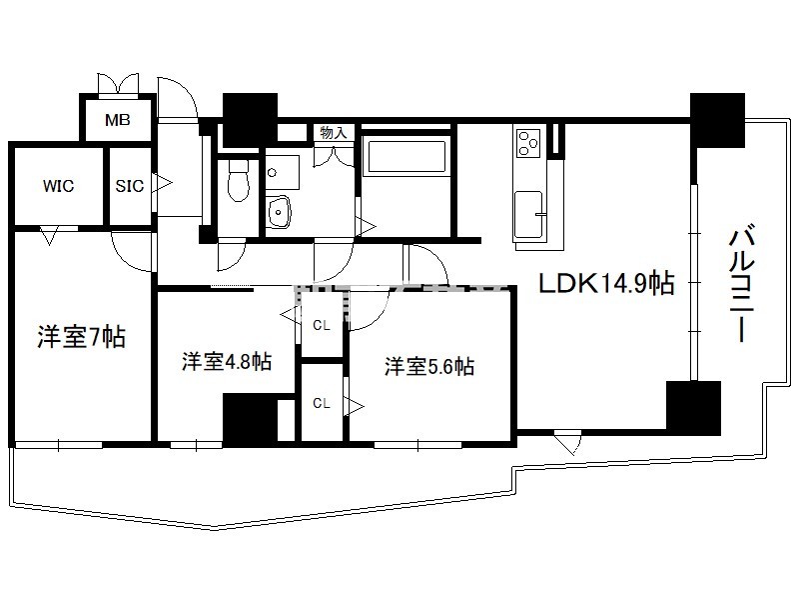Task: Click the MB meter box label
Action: pyautogui.click(x=118, y=120)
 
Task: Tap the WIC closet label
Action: pyautogui.click(x=59, y=186)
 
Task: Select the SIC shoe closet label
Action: pyautogui.click(x=130, y=186)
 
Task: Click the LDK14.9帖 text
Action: pyautogui.click(x=607, y=283)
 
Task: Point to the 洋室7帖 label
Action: pyautogui.click(x=82, y=337)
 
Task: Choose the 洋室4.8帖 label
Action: pyautogui.click(x=227, y=361)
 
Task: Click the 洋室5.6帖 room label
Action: pyautogui.click(x=429, y=366)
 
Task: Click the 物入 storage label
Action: pyautogui.click(x=334, y=133)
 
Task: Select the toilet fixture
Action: pyautogui.click(x=238, y=180)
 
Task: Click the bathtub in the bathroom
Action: pyautogui.click(x=407, y=157)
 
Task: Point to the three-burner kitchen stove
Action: pyautogui.click(x=528, y=143)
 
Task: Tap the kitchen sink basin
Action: pyautogui.click(x=528, y=214)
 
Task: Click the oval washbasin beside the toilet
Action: pyautogui.click(x=279, y=210)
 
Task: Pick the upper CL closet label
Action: pyautogui.click(x=321, y=325)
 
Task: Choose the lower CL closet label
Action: pyautogui.click(x=321, y=403)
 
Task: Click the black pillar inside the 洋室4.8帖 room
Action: pyautogui.click(x=251, y=419)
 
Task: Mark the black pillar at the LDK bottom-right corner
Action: pyautogui.click(x=693, y=408)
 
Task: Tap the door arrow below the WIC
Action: pyautogui.click(x=49, y=236)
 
